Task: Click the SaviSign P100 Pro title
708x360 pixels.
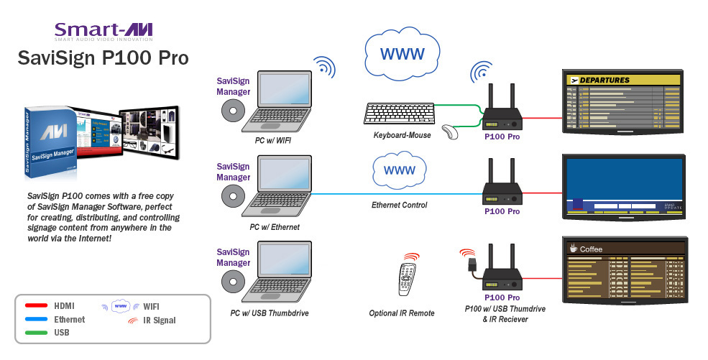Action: [104, 58]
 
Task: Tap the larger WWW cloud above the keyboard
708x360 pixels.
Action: [401, 54]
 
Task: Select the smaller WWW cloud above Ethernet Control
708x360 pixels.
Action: [398, 172]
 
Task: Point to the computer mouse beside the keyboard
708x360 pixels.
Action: [451, 132]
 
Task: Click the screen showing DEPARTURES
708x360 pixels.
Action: [623, 102]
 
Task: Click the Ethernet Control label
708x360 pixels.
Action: [399, 206]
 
